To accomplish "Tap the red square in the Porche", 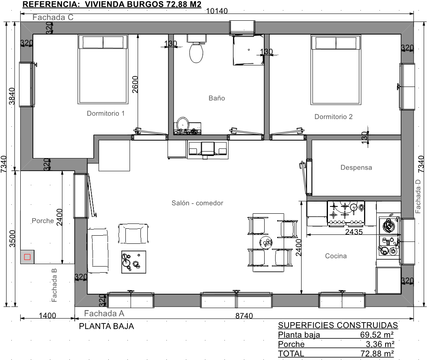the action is click(27, 257).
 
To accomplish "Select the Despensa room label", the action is click(356, 167).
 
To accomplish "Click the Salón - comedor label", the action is click(197, 203).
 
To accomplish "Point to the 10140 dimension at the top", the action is click(217, 11).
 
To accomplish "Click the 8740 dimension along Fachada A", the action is click(244, 316).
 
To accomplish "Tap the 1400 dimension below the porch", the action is click(47, 315).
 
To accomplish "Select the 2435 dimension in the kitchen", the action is click(354, 232).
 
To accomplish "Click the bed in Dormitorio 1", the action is click(103, 69).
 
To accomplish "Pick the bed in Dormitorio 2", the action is click(336, 70).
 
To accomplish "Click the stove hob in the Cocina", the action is click(346, 213).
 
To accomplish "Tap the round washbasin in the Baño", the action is click(183, 124).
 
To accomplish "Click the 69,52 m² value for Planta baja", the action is click(377, 334).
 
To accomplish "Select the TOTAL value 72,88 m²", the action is click(377, 353).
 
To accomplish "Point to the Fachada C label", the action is click(53, 17).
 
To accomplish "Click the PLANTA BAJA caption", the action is click(106, 326).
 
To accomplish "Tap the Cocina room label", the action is click(336, 256).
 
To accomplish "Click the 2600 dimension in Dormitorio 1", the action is click(135, 85).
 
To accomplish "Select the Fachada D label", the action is click(418, 196).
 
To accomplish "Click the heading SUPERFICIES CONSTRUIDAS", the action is click(338, 325).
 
